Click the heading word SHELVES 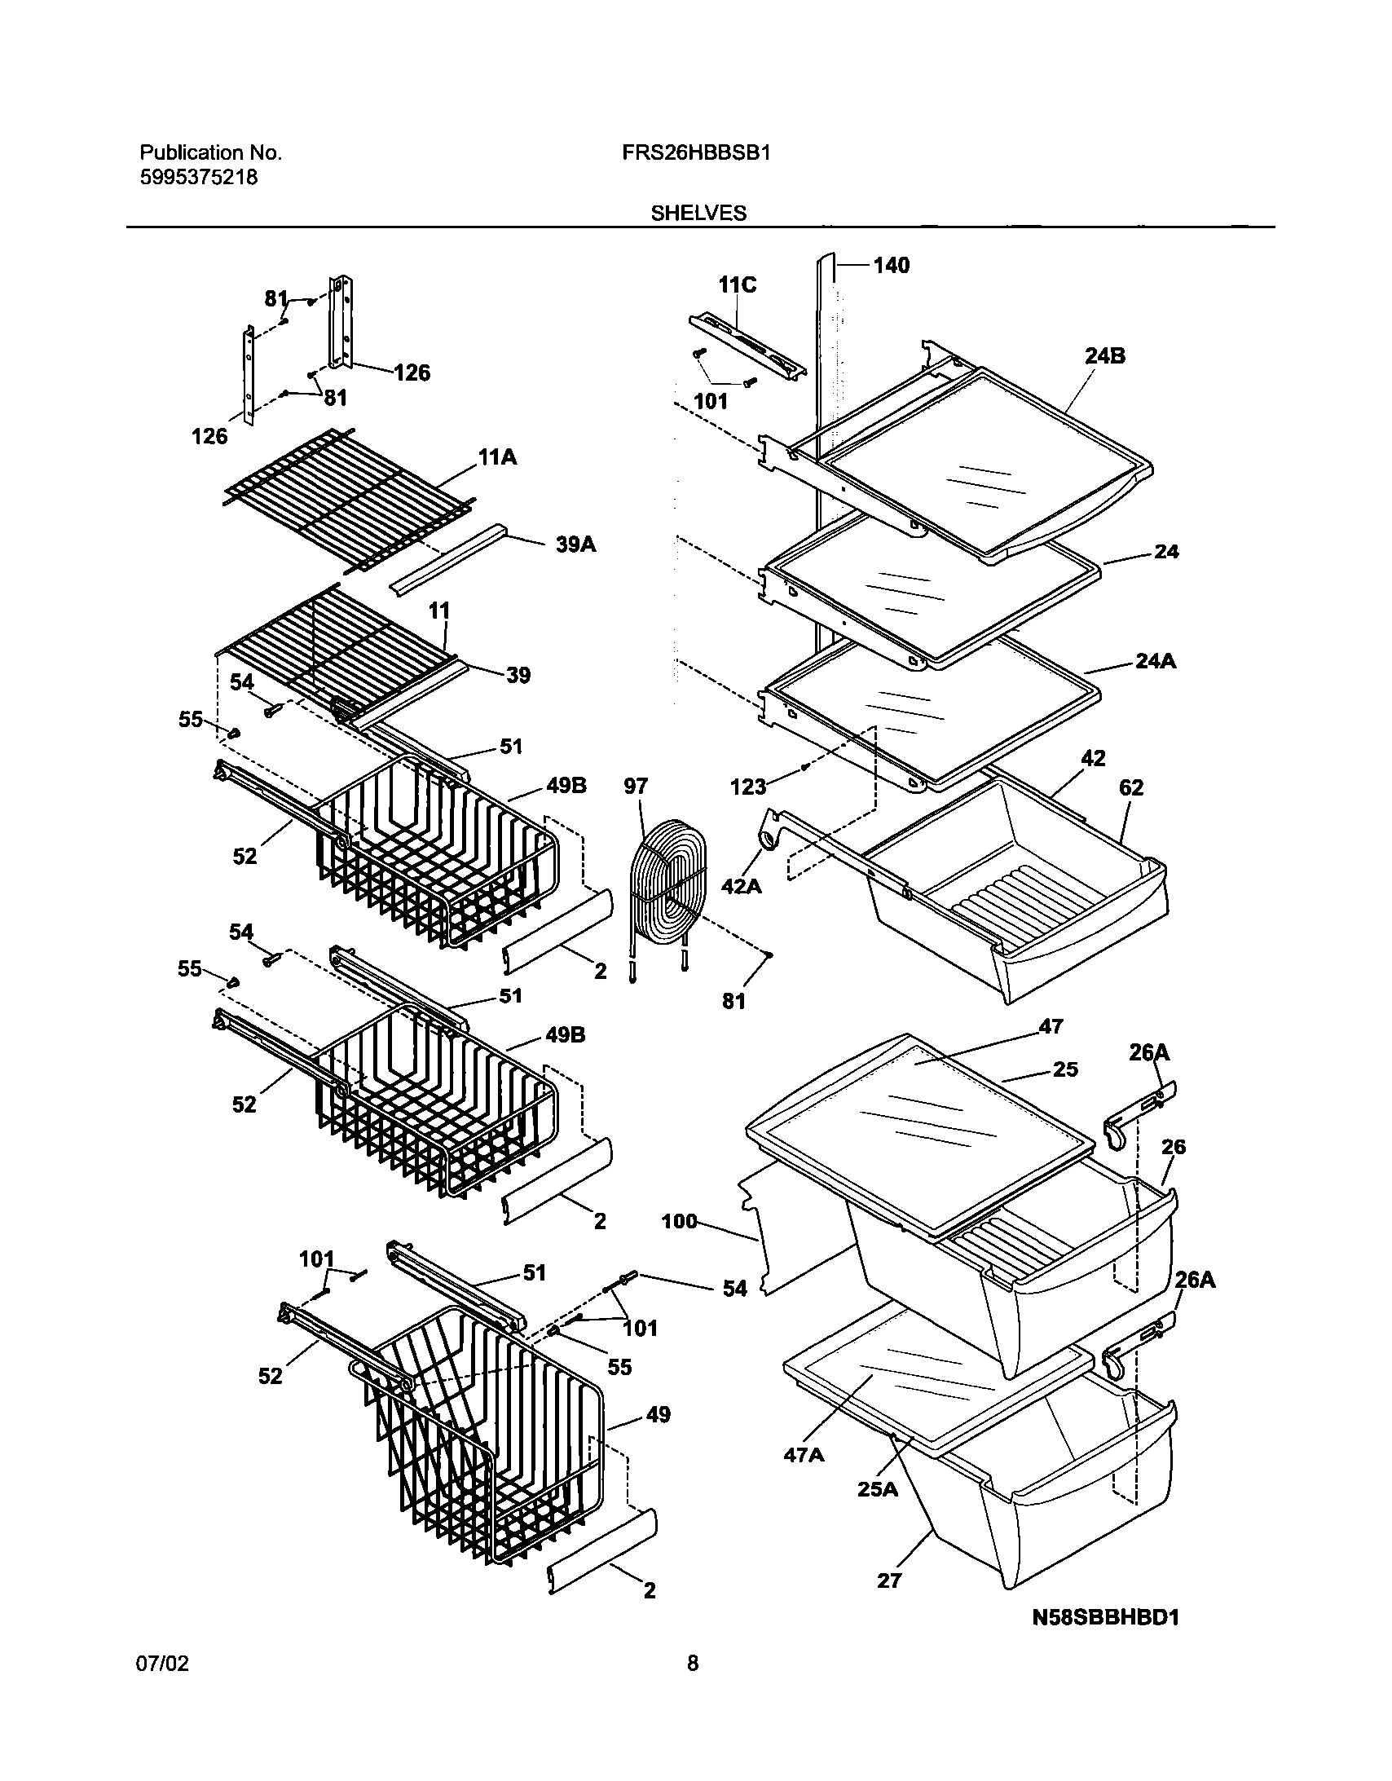(698, 214)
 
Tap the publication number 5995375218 (199, 177)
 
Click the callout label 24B (1105, 355)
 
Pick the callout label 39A (575, 544)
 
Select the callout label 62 (1131, 787)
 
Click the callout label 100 (679, 1221)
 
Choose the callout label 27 (890, 1580)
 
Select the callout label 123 (748, 787)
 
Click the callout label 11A (497, 457)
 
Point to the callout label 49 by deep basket (658, 1416)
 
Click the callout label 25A (878, 1489)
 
